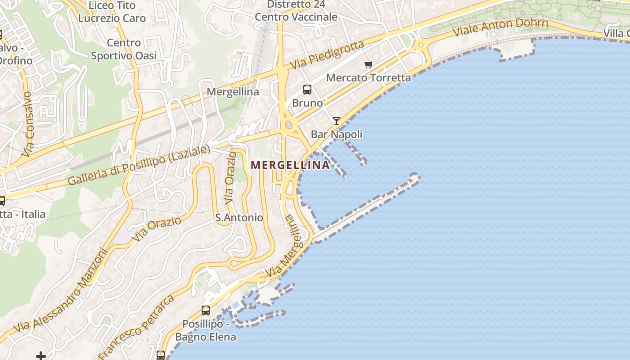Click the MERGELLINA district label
290,165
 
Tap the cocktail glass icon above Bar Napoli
336,121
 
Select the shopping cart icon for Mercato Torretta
368,64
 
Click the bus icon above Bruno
307,90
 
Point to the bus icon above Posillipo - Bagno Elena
206,310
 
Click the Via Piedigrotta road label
327,55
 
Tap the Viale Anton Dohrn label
500,27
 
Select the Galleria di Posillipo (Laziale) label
139,165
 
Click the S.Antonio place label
239,218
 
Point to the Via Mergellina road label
284,247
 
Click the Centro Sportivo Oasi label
124,49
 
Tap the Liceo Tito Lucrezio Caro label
112,12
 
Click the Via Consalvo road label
28,124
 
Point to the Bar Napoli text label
337,134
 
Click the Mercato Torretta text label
369,78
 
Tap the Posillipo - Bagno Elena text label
205,330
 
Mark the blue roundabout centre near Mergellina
288,125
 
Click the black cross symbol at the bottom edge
41,356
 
